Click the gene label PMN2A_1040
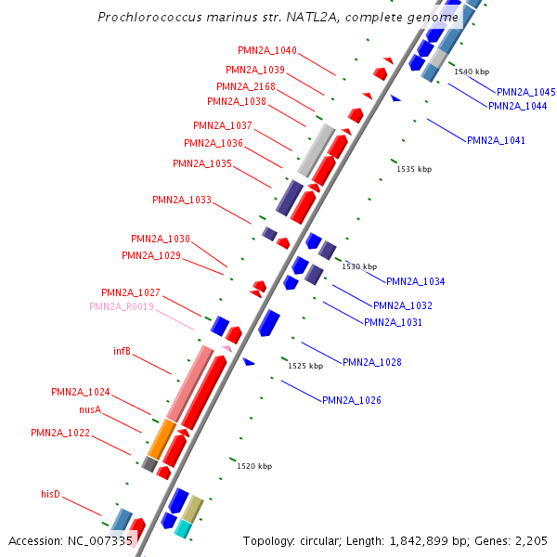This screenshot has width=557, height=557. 267,50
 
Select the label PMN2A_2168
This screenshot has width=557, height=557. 246,86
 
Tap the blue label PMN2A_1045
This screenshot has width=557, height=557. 525,92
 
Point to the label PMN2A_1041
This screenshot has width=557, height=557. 496,140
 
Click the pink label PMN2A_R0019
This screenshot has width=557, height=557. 122,306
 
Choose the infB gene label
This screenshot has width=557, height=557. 122,351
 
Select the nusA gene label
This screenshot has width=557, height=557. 89,409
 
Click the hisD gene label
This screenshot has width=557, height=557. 50,494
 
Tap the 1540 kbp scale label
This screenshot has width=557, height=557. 472,71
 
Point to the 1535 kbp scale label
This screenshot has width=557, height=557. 414,169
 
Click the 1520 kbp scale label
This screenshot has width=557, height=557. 254,466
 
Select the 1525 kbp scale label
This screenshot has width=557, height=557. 305,366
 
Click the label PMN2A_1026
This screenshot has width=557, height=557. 352,400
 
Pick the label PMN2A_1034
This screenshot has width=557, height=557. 415,281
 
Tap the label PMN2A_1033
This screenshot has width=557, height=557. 182,200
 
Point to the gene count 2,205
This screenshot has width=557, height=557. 528,540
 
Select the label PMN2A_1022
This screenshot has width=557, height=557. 60,433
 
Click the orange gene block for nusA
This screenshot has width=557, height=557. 162,438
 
